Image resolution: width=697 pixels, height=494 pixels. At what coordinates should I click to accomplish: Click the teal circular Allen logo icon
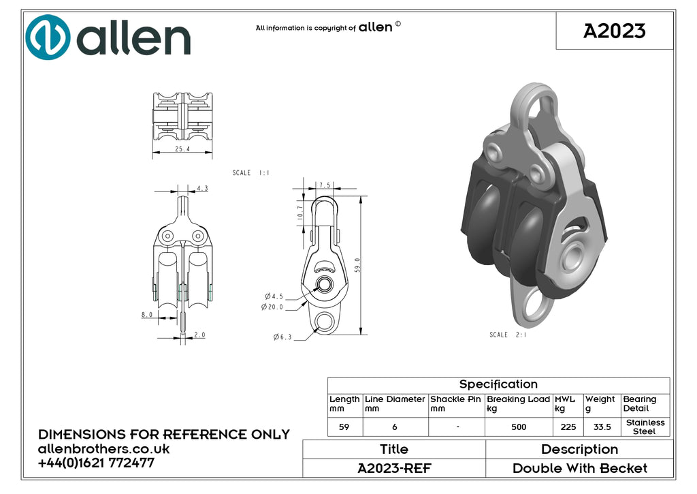[x=48, y=37]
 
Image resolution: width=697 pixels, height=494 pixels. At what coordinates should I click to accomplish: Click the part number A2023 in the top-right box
[x=615, y=31]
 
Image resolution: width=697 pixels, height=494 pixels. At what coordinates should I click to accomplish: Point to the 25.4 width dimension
[x=182, y=149]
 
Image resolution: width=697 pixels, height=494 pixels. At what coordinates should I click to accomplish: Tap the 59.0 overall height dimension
[x=358, y=265]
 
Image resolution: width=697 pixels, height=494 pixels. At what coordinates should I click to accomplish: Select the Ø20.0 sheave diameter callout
[x=272, y=307]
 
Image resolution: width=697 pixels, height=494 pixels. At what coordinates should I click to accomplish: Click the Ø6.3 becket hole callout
[x=282, y=337]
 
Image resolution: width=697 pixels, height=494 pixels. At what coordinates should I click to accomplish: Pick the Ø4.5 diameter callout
[x=274, y=296]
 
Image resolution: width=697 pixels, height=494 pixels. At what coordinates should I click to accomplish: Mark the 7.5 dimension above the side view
[x=325, y=185]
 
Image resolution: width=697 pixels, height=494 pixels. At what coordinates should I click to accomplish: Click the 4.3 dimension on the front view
[x=202, y=188]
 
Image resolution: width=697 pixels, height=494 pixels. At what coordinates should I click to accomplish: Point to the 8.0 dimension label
[x=147, y=315]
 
